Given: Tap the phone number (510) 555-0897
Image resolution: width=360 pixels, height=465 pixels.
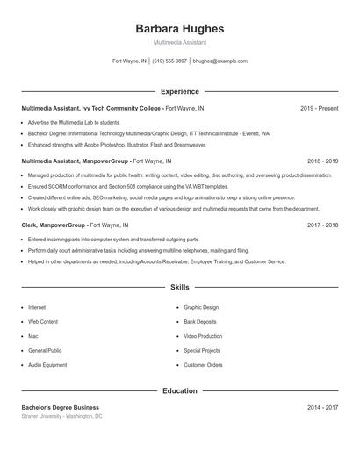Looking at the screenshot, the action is (169, 61).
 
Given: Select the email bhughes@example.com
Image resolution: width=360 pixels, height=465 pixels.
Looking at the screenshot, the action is (220, 61).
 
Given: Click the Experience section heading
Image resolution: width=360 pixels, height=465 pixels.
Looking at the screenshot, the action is (180, 91).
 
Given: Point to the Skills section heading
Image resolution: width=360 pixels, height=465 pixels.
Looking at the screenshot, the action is (180, 287).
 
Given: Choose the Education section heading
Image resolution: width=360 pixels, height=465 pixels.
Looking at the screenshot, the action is (180, 390).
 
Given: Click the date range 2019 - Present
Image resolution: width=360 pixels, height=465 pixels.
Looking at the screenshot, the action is (319, 108).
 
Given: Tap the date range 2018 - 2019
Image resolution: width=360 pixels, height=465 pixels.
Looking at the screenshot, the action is (322, 161).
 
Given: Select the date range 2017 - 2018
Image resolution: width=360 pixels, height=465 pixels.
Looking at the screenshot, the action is (322, 225).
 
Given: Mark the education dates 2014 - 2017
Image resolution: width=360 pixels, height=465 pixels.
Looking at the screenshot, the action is (322, 407).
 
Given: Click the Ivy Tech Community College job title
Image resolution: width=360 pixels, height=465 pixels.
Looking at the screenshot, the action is (91, 108).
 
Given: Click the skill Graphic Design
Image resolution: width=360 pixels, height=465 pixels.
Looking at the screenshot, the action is (201, 308).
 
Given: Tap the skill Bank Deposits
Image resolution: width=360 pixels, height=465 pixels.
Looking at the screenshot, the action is (201, 322).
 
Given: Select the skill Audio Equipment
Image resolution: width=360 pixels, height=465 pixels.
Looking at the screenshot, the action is (47, 365).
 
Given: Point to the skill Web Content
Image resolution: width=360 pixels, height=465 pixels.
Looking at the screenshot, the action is (43, 322).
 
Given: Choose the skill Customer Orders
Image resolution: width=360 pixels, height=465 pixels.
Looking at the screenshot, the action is (203, 365).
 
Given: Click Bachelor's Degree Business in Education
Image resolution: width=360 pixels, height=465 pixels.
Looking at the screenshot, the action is (61, 407).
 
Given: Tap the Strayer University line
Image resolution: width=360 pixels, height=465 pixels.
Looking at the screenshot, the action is (62, 416).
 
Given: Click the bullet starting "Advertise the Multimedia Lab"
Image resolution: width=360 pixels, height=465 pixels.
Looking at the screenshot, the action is (74, 123).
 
